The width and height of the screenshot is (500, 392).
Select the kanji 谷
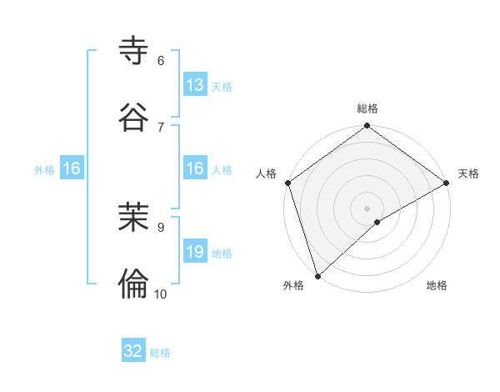coord(134,118)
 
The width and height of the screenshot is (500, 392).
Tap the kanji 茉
coord(134,218)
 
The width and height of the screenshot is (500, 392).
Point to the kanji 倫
coord(134,284)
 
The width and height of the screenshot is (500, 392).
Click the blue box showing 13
coord(195,85)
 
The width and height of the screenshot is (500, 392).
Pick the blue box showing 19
coord(195,252)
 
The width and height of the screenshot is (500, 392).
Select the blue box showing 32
coord(133,351)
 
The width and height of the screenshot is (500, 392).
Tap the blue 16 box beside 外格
coord(72,168)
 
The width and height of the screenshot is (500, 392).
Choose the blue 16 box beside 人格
coord(195,168)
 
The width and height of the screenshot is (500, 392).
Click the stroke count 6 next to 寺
coord(161,60)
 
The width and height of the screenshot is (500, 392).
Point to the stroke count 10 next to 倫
coord(161,294)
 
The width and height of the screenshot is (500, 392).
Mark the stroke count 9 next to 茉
coord(161,226)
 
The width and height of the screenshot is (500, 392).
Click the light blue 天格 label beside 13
coord(222,86)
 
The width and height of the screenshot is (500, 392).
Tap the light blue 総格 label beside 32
coord(160,353)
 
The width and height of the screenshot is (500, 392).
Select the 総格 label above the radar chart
coord(367,108)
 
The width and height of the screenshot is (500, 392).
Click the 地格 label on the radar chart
coord(437,286)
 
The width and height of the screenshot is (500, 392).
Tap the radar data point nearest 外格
coord(317,275)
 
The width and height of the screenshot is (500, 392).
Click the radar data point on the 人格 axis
coord(287,183)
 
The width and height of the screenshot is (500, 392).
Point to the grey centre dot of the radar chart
coord(367,208)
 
